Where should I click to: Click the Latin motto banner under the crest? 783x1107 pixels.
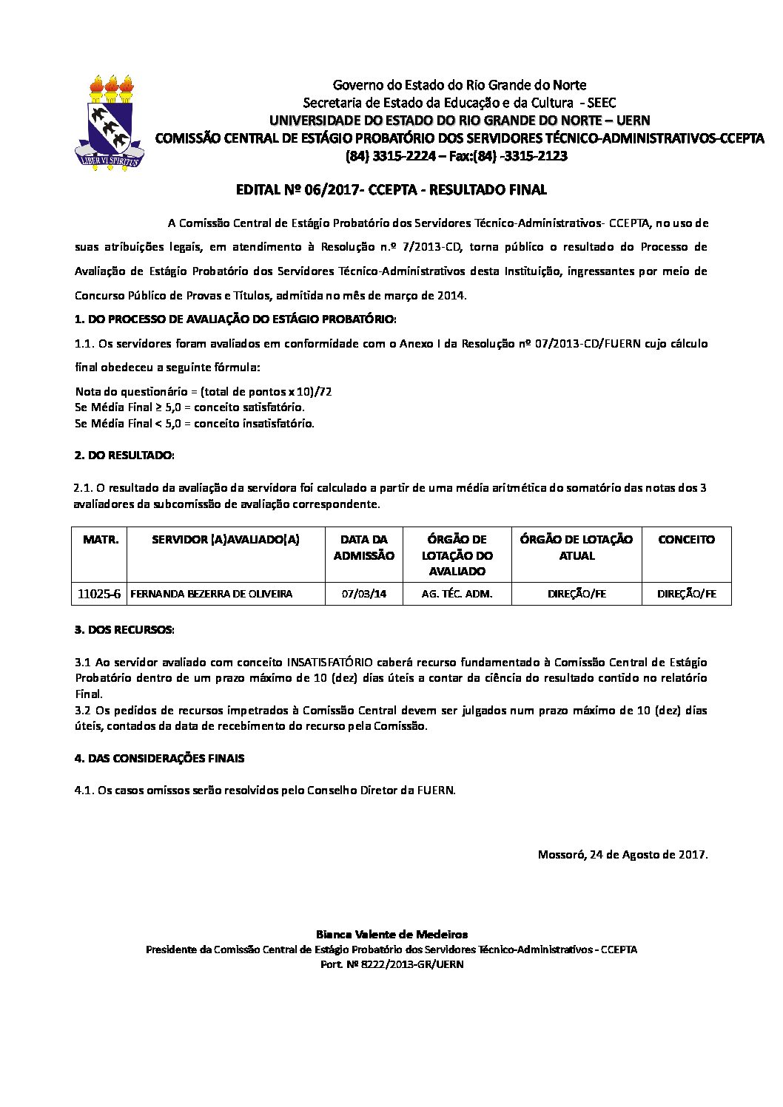click(x=110, y=158)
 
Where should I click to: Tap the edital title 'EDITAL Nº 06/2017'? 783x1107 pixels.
click(x=289, y=190)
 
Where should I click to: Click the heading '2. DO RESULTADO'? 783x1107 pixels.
click(x=124, y=456)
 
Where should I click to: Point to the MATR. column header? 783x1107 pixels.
click(x=101, y=540)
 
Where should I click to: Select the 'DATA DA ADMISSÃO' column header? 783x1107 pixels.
click(x=364, y=548)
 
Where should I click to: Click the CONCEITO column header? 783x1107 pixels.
click(x=686, y=540)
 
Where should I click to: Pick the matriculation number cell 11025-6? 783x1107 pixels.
click(x=99, y=594)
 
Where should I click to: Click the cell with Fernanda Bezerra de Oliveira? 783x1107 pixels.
click(x=212, y=594)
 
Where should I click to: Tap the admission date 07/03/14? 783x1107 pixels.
click(x=364, y=594)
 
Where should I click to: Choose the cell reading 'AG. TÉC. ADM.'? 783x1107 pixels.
click(x=457, y=594)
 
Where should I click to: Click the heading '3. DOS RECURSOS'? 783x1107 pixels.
click(x=124, y=630)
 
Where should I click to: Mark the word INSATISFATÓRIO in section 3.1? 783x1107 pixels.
click(x=329, y=662)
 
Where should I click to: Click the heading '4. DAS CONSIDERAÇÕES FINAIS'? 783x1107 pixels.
click(x=159, y=758)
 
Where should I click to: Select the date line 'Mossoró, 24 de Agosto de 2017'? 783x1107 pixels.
click(x=622, y=855)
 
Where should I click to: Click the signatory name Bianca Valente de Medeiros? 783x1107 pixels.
click(x=391, y=935)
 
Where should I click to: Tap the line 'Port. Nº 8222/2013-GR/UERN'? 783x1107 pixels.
click(x=391, y=964)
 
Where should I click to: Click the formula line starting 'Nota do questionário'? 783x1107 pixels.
click(x=204, y=391)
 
